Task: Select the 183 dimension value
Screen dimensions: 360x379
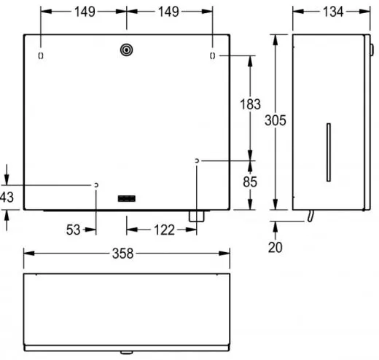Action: pos(250,106)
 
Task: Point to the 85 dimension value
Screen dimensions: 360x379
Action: pos(250,181)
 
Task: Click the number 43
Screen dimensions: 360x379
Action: pos(7,197)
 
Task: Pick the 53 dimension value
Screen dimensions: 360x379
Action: pos(73,230)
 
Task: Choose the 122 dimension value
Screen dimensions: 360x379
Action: pos(163,230)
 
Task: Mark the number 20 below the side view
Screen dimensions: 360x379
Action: pos(275,248)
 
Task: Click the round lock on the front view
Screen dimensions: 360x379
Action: pos(126,50)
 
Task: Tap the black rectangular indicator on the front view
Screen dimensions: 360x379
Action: pos(127,197)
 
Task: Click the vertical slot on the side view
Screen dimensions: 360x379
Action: pos(327,152)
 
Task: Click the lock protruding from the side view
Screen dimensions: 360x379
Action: pos(371,50)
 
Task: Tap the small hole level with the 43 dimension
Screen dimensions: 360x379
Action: pos(95,186)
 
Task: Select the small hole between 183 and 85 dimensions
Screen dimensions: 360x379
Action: pos(197,160)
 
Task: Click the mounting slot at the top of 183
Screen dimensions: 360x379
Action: pos(211,56)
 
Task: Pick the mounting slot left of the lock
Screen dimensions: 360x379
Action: pos(41,56)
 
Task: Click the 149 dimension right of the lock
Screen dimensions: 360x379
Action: pos(169,12)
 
